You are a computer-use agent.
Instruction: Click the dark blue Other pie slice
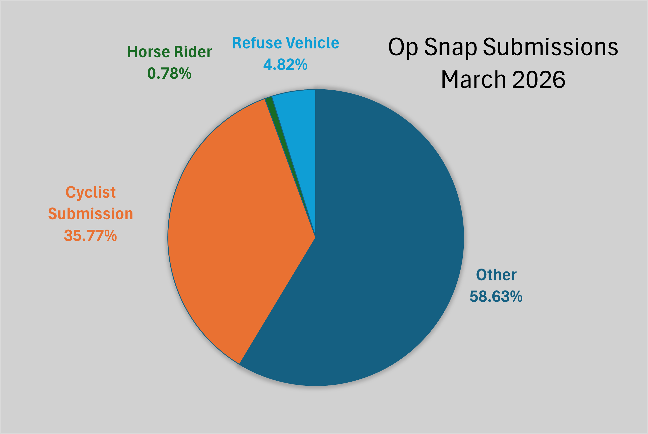point(387,249)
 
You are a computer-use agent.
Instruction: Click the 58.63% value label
point(496,296)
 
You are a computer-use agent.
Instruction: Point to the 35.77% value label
point(90,235)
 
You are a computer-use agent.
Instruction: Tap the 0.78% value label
point(169,74)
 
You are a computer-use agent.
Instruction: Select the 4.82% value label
point(285,65)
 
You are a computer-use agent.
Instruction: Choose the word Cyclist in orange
point(90,192)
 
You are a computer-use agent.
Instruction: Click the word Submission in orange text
point(90,214)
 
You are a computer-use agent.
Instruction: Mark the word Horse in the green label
point(148,52)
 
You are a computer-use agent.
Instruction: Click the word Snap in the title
point(450,47)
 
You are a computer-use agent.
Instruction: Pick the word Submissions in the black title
point(550,47)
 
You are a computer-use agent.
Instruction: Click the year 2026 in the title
point(538,79)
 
